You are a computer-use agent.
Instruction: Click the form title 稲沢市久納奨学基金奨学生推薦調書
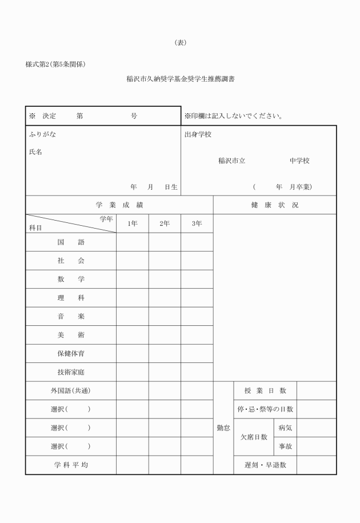tap(180, 79)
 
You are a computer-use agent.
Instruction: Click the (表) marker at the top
tap(180, 42)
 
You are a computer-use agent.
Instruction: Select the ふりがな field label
tap(42, 135)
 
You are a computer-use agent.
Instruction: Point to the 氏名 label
tap(35, 152)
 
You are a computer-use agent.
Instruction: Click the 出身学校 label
tap(198, 135)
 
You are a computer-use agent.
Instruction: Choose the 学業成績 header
tap(119, 205)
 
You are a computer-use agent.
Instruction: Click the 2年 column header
tap(165, 224)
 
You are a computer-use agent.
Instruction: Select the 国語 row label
tap(71, 242)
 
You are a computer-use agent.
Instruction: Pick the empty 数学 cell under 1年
tap(133, 280)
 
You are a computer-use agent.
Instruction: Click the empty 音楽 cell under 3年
tap(197, 316)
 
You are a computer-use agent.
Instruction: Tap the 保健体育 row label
tap(71, 353)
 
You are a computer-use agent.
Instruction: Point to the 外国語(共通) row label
tap(71, 391)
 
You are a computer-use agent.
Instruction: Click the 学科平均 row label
tap(71, 465)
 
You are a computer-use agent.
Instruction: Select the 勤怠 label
tap(223, 428)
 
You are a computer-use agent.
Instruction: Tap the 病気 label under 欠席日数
tap(286, 428)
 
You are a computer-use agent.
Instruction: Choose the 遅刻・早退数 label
tap(265, 465)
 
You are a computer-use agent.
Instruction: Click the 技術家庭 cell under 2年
tap(165, 372)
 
